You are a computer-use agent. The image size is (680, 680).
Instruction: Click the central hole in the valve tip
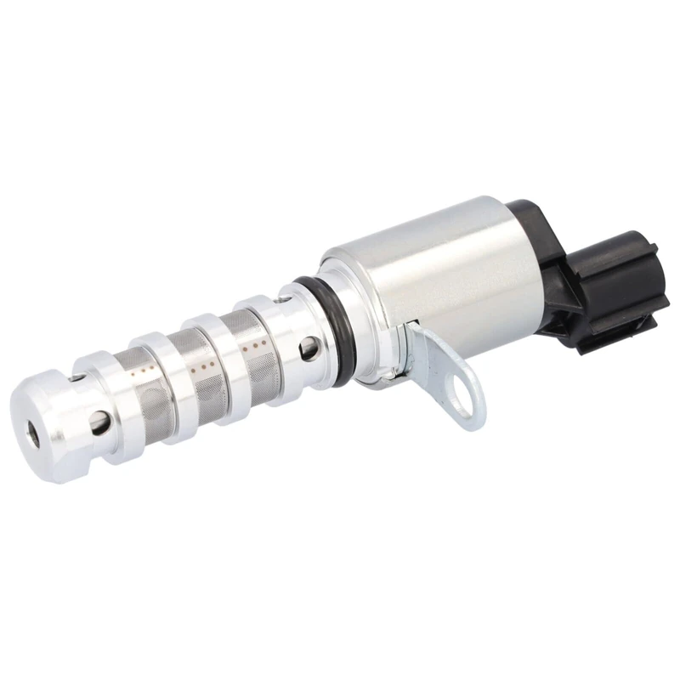[35, 433]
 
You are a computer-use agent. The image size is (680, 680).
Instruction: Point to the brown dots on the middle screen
[204, 363]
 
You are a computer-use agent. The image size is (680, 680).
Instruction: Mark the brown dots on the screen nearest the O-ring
[252, 346]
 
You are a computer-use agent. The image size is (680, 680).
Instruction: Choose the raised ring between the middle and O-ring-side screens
[225, 357]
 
